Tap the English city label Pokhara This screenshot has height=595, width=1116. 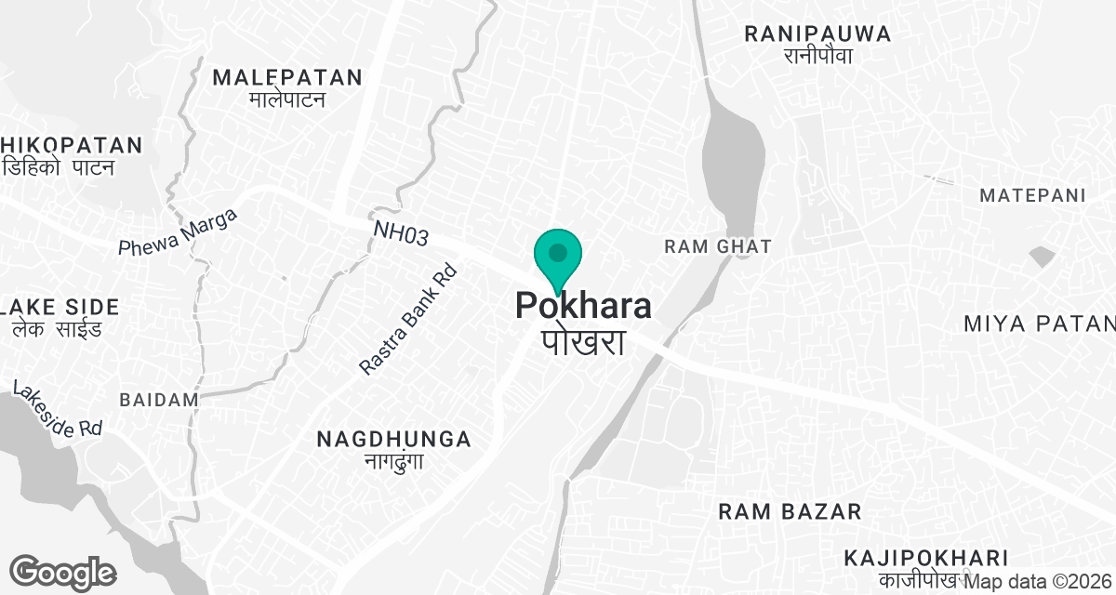pos(583,307)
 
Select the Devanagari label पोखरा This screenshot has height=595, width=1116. pos(583,341)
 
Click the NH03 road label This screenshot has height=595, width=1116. pos(401,234)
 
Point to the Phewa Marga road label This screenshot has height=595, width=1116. pos(179,233)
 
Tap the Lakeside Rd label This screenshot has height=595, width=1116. pos(58,408)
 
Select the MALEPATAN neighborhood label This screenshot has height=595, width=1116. pos(286,77)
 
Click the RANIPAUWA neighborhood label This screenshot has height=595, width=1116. pos(817,34)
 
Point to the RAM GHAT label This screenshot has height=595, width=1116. pos(717,246)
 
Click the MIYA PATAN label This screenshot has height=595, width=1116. pos(1039,324)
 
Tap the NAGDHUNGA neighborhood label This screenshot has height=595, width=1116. pos(393,439)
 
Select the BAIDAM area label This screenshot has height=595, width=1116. pos(159,400)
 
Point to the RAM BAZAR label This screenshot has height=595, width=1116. pos(790,511)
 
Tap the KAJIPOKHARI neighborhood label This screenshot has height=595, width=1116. pos(926,558)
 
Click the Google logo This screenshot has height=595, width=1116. pos(62,572)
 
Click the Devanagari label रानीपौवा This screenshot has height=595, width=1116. pos(817,57)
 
